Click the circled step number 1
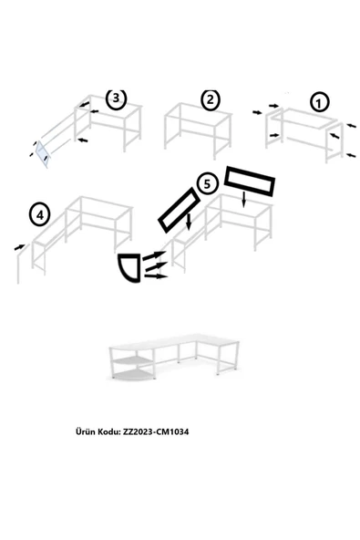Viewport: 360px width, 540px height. [319, 103]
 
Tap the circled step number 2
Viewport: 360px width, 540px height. [210, 99]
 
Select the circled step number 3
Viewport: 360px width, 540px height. [116, 99]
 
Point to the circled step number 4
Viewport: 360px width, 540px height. [40, 215]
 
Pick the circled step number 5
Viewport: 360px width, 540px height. [207, 184]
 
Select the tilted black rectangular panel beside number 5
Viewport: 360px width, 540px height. [180, 210]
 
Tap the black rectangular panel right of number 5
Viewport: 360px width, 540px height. [250, 182]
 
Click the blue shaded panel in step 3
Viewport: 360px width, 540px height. [44, 154]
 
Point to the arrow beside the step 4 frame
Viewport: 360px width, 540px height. [20, 247]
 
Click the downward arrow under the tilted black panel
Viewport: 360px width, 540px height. [189, 222]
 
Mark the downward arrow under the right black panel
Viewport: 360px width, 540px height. [244, 200]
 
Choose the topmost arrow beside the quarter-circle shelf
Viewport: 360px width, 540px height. [154, 255]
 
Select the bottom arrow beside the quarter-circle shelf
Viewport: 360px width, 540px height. [156, 275]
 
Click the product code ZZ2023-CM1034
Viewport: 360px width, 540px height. [156, 431]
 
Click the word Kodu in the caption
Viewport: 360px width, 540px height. [109, 431]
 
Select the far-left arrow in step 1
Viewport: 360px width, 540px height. [257, 112]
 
